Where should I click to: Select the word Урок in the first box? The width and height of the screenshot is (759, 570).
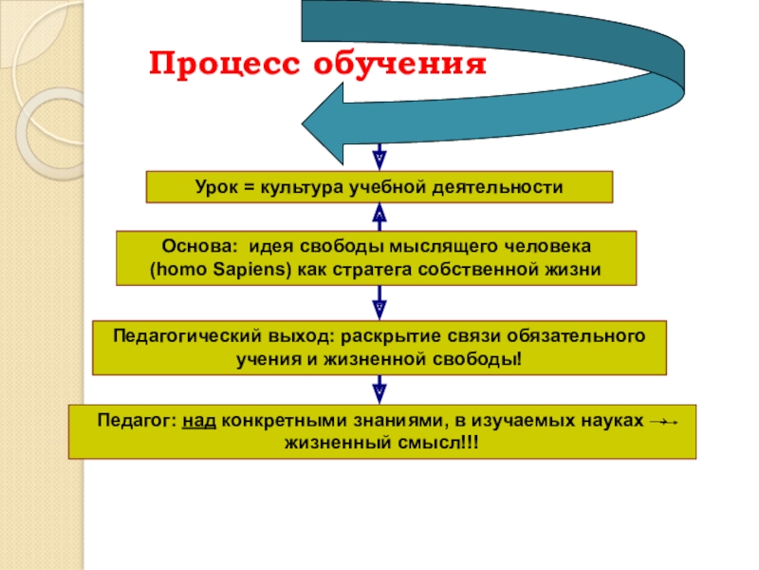pyautogui.click(x=216, y=187)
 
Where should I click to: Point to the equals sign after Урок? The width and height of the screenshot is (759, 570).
pyautogui.click(x=251, y=187)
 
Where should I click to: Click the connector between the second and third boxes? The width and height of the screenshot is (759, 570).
pyautogui.click(x=379, y=304)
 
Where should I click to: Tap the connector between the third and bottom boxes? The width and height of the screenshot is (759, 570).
pyautogui.click(x=379, y=389)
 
